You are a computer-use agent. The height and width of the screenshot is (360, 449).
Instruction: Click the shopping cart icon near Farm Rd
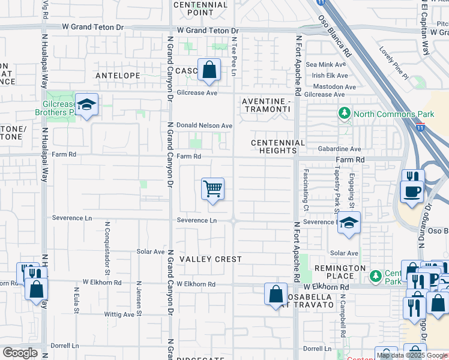pyautogui.click(x=213, y=189)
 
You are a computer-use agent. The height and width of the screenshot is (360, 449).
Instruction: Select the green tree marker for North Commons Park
pyautogui.click(x=345, y=113)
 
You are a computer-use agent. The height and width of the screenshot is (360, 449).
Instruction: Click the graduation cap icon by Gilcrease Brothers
pyautogui.click(x=87, y=105)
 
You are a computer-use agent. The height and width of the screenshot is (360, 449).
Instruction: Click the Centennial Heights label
pyautogui.click(x=278, y=146)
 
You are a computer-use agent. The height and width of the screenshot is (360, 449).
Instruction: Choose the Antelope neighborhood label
pyautogui.click(x=118, y=76)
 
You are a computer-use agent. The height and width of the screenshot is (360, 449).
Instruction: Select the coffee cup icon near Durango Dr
pyautogui.click(x=412, y=191)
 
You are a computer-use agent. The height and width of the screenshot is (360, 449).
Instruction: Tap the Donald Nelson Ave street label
pyautogui.click(x=204, y=125)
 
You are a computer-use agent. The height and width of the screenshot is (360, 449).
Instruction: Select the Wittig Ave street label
pyautogui.click(x=121, y=314)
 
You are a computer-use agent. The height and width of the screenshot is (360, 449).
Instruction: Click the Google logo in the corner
pyautogui.click(x=20, y=353)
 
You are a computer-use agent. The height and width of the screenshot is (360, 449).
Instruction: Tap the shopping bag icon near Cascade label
pyautogui.click(x=209, y=70)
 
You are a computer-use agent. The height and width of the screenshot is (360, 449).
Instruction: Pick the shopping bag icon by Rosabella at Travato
pyautogui.click(x=276, y=294)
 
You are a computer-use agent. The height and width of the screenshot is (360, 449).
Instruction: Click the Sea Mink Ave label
pyautogui.click(x=326, y=64)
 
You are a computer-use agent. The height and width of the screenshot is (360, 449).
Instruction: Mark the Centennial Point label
pyautogui.click(x=201, y=8)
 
